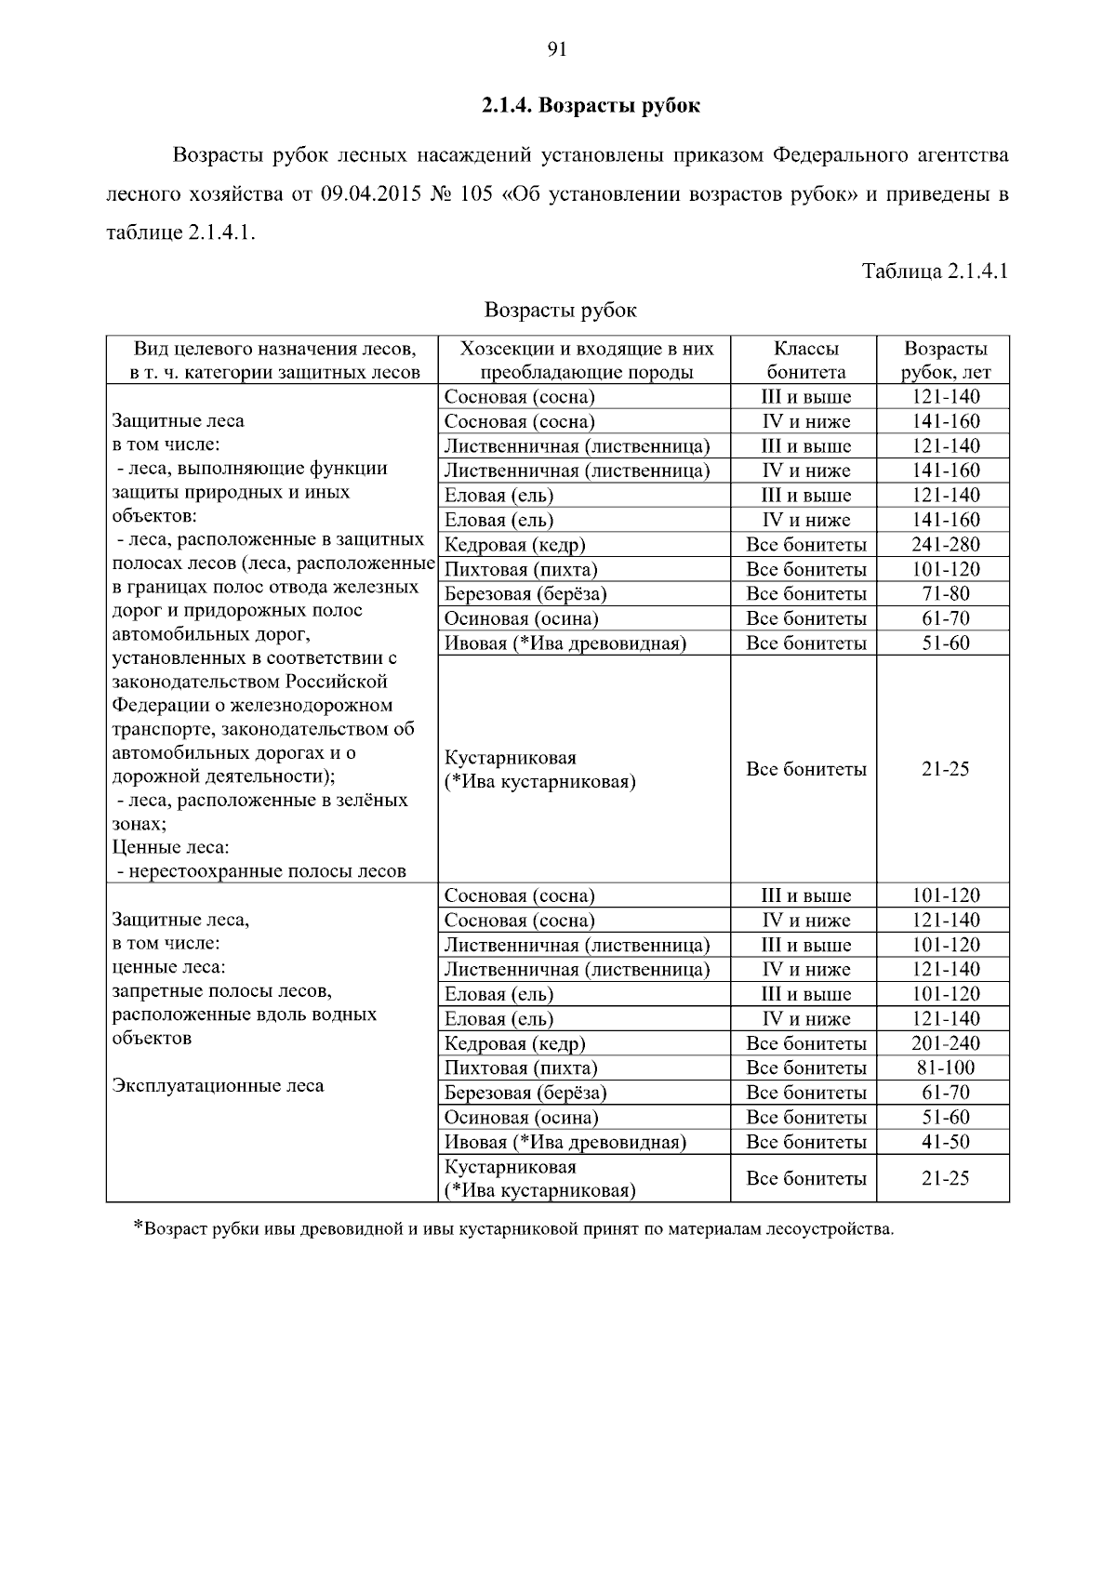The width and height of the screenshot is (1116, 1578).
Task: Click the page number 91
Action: coord(557,50)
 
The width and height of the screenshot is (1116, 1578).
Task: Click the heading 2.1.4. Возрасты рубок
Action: coord(591,105)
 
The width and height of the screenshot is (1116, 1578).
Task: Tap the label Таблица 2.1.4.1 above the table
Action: coord(935,272)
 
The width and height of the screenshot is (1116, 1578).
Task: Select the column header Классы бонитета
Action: coord(805,360)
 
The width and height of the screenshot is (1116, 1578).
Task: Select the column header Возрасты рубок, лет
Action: coord(945,360)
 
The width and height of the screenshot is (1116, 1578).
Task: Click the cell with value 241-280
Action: coord(945,545)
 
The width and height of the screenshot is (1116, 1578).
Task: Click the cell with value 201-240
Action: coord(945,1043)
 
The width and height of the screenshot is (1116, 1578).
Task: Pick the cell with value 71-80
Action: coord(945,594)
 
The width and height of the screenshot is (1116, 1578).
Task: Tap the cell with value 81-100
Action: coord(945,1068)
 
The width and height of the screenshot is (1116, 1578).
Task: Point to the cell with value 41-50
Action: coord(945,1142)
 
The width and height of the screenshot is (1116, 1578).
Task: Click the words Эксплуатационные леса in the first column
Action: coord(218,1085)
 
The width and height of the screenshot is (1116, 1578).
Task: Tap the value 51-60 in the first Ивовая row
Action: coord(945,643)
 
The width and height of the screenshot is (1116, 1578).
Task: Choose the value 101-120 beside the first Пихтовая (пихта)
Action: coord(945,569)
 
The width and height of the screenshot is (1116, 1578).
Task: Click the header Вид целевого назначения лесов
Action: coord(272,349)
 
